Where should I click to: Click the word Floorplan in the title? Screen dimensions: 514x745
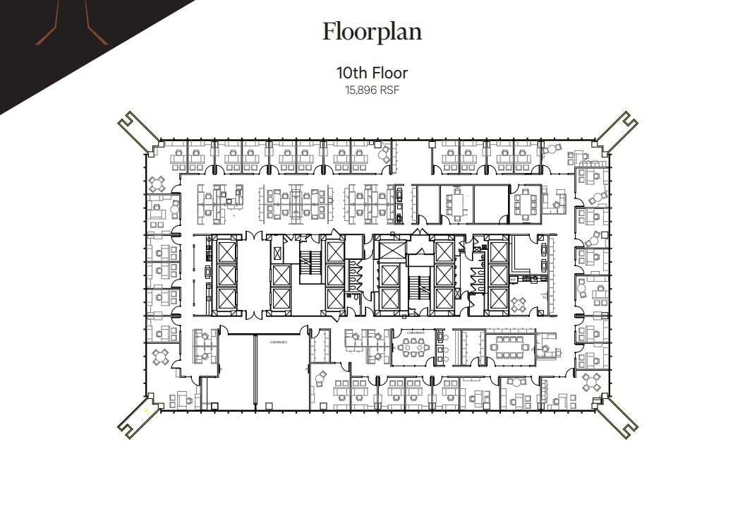[x=372, y=32]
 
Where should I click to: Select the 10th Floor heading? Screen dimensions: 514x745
[x=372, y=73]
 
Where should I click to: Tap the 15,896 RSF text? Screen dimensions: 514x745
[x=372, y=90]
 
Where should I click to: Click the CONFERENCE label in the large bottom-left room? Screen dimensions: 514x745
[x=279, y=342]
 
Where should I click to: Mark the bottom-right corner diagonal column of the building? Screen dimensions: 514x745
[x=618, y=418]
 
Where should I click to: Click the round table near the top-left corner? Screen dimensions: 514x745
[x=156, y=184]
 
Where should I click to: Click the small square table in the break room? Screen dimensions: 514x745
[x=519, y=304]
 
